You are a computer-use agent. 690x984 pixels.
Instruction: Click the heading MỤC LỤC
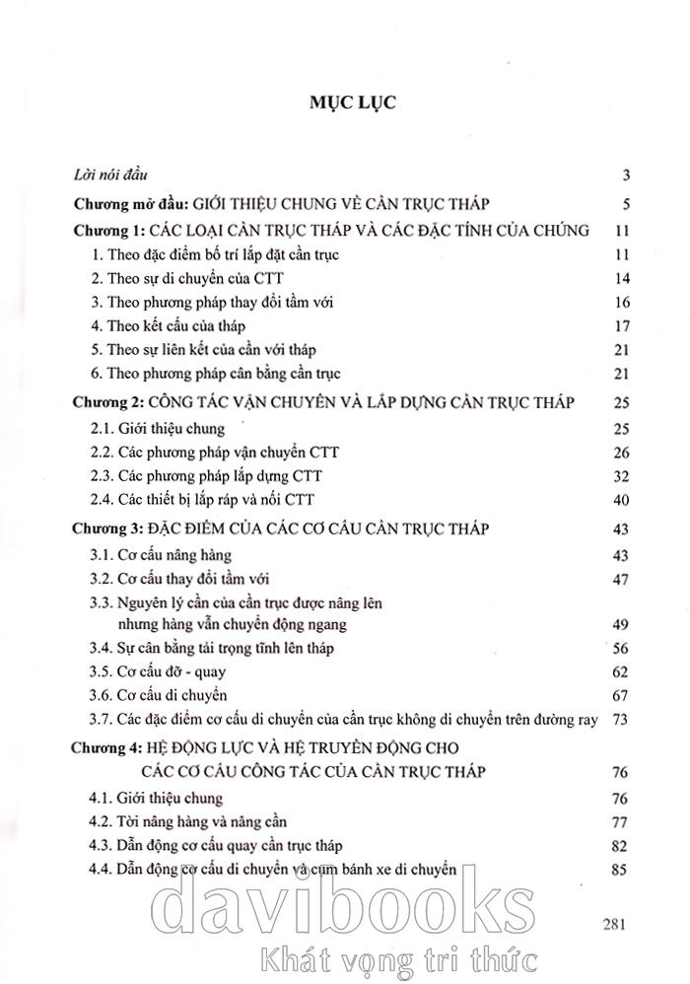click(x=353, y=104)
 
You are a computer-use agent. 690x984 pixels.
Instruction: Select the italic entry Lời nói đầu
click(x=109, y=177)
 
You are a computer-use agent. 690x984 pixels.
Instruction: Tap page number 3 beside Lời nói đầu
click(x=625, y=177)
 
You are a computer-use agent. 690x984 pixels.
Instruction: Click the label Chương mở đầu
click(x=132, y=204)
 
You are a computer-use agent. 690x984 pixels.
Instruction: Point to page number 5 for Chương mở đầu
click(x=625, y=205)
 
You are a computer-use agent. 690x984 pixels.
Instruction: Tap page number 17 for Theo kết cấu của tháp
click(x=620, y=326)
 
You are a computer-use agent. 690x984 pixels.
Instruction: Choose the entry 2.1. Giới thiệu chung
click(x=157, y=429)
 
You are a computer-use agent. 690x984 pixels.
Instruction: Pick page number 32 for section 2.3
click(x=620, y=476)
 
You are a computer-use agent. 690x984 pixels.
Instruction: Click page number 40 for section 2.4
click(x=620, y=501)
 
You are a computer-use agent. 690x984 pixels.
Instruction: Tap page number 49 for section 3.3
click(x=620, y=625)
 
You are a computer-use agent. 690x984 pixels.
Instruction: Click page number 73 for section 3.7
click(x=620, y=720)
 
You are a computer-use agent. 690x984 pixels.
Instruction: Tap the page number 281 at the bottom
click(x=614, y=925)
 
